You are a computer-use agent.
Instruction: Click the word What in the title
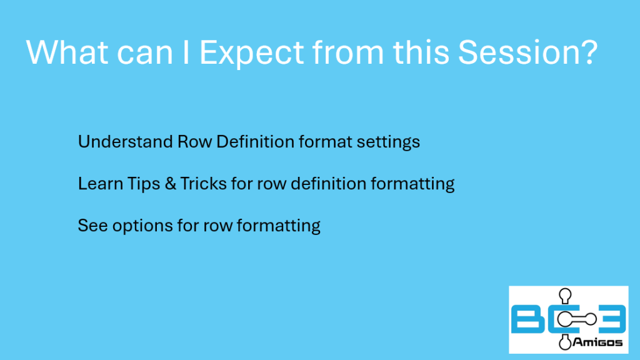click(67, 52)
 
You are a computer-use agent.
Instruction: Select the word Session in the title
click(515, 52)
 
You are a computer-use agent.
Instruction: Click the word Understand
click(125, 142)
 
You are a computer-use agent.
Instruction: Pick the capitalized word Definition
click(255, 142)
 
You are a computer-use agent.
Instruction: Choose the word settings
click(388, 142)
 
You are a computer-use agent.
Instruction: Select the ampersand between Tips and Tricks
click(170, 184)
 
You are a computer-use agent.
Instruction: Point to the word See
click(92, 226)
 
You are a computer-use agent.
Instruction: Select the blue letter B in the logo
click(527, 319)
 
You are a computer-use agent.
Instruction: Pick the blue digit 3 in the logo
click(611, 319)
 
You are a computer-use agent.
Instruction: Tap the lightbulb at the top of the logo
click(565, 296)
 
